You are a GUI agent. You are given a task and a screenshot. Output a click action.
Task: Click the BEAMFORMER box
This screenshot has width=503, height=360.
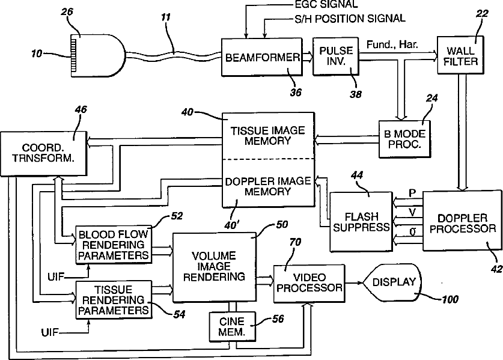click(x=262, y=57)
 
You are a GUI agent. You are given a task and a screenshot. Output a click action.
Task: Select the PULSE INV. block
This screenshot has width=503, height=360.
click(x=335, y=56)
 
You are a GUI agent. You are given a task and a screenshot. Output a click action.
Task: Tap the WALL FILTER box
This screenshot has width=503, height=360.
click(x=461, y=55)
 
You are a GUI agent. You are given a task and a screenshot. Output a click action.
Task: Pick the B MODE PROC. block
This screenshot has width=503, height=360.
click(x=404, y=139)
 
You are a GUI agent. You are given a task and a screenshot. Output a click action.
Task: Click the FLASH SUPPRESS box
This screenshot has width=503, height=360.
click(x=361, y=221)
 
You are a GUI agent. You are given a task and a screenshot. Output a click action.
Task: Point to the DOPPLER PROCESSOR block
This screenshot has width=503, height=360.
click(x=462, y=221)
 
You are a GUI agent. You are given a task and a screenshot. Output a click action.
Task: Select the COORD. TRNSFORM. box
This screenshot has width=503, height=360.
click(x=44, y=153)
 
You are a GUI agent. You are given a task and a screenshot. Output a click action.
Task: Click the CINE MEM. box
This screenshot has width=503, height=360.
click(x=232, y=326)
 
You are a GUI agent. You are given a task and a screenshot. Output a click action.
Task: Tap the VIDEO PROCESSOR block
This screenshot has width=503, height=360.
click(x=309, y=283)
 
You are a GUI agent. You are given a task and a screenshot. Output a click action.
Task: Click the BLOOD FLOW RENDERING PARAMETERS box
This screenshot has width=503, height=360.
click(x=114, y=245)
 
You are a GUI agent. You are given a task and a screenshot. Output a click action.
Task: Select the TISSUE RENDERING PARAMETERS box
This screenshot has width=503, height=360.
click(x=114, y=300)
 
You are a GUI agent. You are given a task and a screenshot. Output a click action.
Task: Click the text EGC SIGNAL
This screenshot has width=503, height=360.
click(x=326, y=4)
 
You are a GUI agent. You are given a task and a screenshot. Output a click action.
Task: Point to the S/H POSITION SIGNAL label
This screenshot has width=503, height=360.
click(x=350, y=19)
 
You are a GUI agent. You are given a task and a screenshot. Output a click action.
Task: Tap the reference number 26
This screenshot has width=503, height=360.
click(x=67, y=12)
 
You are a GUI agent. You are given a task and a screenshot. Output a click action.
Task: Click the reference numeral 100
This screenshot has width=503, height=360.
click(x=450, y=299)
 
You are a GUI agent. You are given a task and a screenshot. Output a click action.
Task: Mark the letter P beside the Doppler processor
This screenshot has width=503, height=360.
click(x=412, y=193)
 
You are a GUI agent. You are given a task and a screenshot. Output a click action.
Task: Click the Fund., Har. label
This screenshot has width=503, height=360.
click(x=392, y=44)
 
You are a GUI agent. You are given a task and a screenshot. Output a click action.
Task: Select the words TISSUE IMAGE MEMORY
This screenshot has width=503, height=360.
click(x=267, y=136)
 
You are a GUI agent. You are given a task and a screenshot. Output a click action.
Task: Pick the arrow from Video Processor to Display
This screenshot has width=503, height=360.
click(x=354, y=283)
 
